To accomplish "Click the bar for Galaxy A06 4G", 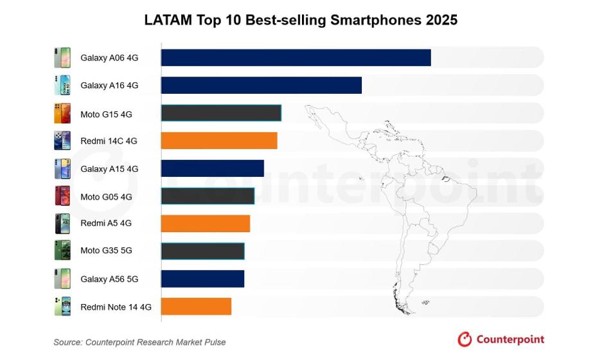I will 296,57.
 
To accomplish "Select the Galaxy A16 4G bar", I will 261,85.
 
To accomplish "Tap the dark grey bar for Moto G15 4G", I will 221,113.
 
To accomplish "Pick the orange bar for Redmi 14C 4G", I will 219,141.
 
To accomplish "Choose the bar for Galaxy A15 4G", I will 212,168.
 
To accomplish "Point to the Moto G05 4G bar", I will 208,196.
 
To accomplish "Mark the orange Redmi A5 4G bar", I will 205,224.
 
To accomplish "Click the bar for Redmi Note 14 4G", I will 196,307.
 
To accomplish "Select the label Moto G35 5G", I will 106,251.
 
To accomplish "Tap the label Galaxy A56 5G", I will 109,279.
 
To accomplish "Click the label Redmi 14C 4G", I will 109,141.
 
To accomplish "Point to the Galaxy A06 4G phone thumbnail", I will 62,57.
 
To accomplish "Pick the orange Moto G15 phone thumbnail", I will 62,113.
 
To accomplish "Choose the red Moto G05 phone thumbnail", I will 62,196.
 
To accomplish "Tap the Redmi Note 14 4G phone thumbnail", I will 62,307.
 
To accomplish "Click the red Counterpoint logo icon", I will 465,339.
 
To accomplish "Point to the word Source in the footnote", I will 67,342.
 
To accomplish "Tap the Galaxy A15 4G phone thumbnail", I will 62,168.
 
